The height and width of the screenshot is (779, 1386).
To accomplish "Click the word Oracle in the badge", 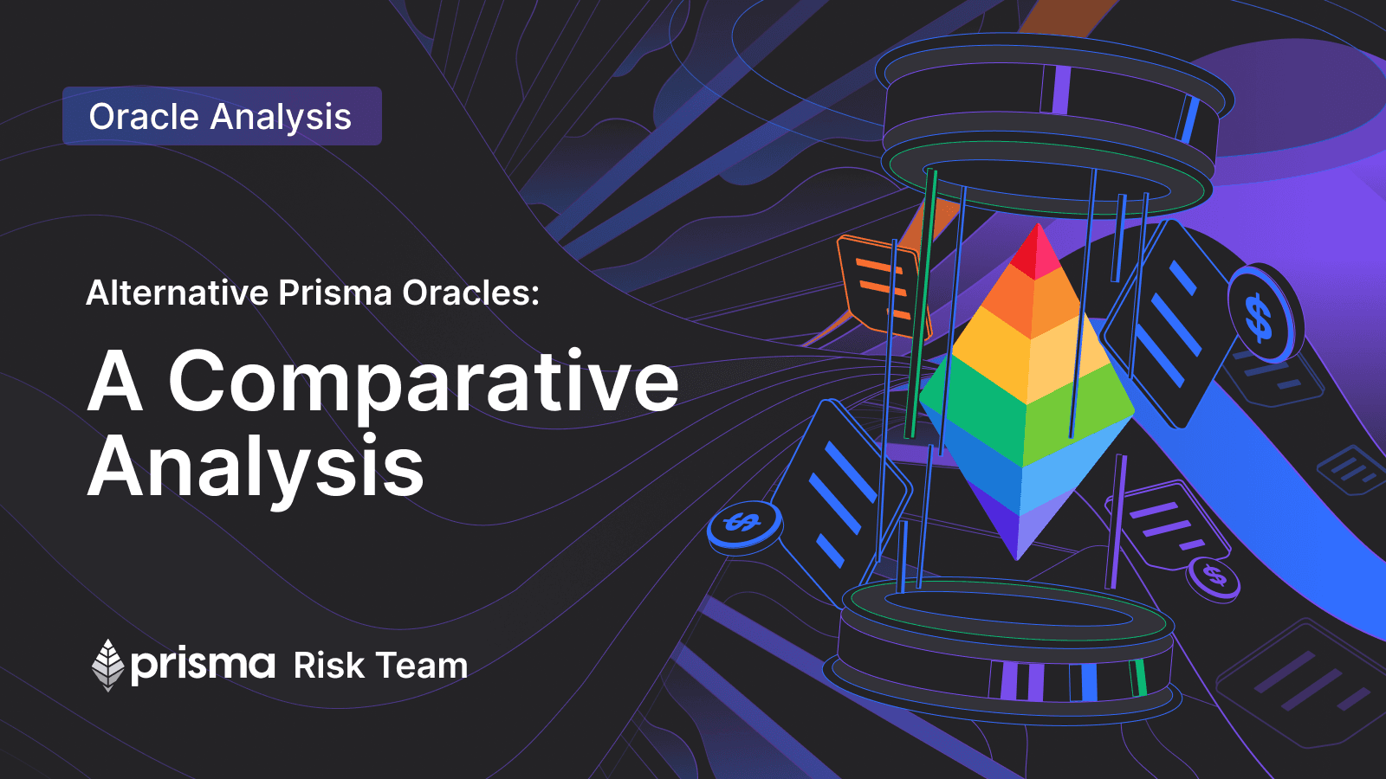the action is click(x=144, y=116).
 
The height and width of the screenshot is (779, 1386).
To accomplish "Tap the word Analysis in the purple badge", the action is click(x=281, y=118).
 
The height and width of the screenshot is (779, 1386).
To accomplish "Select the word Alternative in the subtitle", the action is click(x=177, y=293).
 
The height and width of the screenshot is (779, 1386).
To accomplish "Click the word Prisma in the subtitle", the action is click(x=334, y=293).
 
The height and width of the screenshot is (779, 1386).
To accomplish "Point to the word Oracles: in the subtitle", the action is click(x=471, y=293).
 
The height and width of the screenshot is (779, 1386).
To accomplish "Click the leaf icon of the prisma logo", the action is click(x=108, y=666).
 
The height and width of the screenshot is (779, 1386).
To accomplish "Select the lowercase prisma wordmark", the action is click(x=203, y=666).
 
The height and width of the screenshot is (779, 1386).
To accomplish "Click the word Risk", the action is click(x=328, y=666).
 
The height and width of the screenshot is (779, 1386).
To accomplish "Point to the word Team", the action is click(x=423, y=666).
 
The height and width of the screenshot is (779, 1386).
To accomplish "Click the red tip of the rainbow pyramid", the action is click(x=1038, y=254).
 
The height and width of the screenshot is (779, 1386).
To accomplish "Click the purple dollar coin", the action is click(x=1213, y=578).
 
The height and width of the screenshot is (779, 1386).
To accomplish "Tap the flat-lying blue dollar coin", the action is click(x=744, y=526).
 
